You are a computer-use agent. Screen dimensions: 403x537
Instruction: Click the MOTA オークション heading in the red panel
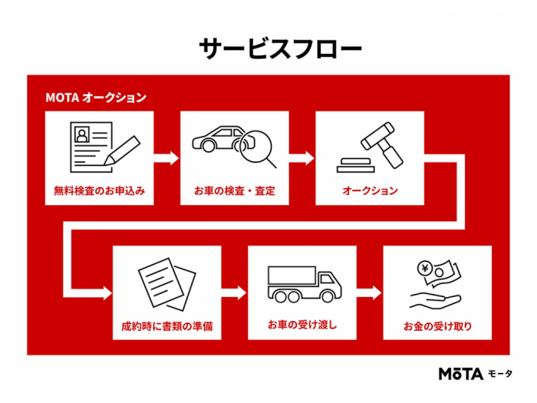click(95, 97)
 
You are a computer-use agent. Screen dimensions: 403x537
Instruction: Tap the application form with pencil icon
click(104, 148)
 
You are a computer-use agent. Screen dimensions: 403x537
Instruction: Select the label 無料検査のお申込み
click(99, 190)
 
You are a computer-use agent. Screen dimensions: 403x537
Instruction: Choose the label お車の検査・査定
click(234, 190)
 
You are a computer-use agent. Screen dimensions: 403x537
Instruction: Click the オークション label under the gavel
click(370, 190)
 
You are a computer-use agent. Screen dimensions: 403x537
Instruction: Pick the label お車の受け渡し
click(302, 325)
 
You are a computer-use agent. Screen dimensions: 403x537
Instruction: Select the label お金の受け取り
click(437, 325)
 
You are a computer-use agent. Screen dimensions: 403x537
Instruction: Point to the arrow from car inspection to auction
click(301, 158)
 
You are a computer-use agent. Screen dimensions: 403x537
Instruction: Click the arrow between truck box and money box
click(369, 293)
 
